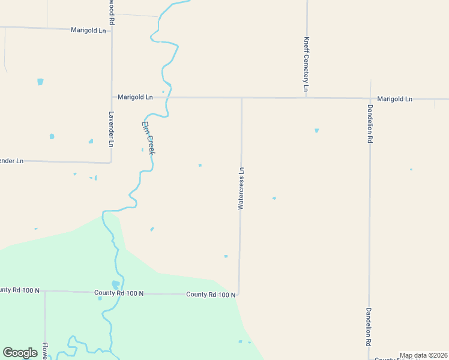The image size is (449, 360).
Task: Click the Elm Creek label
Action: (148, 139)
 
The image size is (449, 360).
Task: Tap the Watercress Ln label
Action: (241, 188)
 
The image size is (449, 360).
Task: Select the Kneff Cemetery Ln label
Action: (306, 64)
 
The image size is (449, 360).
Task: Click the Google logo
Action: (20, 353)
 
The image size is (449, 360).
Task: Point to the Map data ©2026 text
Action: (423, 355)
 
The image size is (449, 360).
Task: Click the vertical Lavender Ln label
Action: (111, 129)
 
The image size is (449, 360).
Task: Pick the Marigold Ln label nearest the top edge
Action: (88, 30)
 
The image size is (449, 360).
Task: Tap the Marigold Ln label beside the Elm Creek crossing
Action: (135, 97)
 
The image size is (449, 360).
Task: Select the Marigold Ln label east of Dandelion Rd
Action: (395, 98)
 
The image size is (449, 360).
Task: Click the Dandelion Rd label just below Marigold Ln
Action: (370, 123)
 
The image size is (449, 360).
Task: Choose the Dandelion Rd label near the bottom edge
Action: (369, 327)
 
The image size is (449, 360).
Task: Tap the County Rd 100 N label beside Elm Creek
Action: (119, 293)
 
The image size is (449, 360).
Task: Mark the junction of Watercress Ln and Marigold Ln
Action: (241, 98)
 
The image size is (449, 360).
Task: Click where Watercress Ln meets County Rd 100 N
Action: (239, 294)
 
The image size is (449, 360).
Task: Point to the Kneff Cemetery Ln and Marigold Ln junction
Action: (306, 98)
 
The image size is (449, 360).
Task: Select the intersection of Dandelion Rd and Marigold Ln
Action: (370, 98)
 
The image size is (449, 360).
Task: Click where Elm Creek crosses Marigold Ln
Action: (170, 97)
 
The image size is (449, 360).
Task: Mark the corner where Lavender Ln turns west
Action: (111, 162)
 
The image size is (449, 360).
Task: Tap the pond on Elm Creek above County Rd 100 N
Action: (115, 284)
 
